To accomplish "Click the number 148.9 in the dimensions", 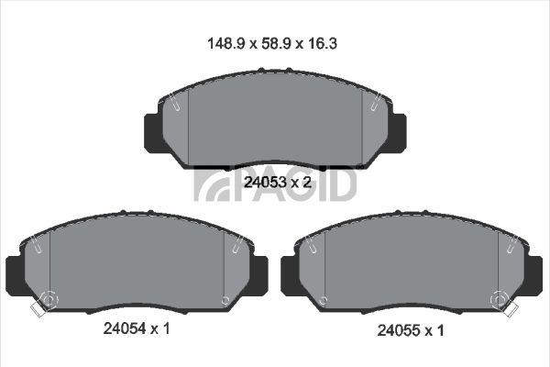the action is [225, 44].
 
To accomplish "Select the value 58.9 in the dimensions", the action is [275, 44].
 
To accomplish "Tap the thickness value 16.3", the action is [323, 44].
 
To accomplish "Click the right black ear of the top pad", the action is [398, 133].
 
